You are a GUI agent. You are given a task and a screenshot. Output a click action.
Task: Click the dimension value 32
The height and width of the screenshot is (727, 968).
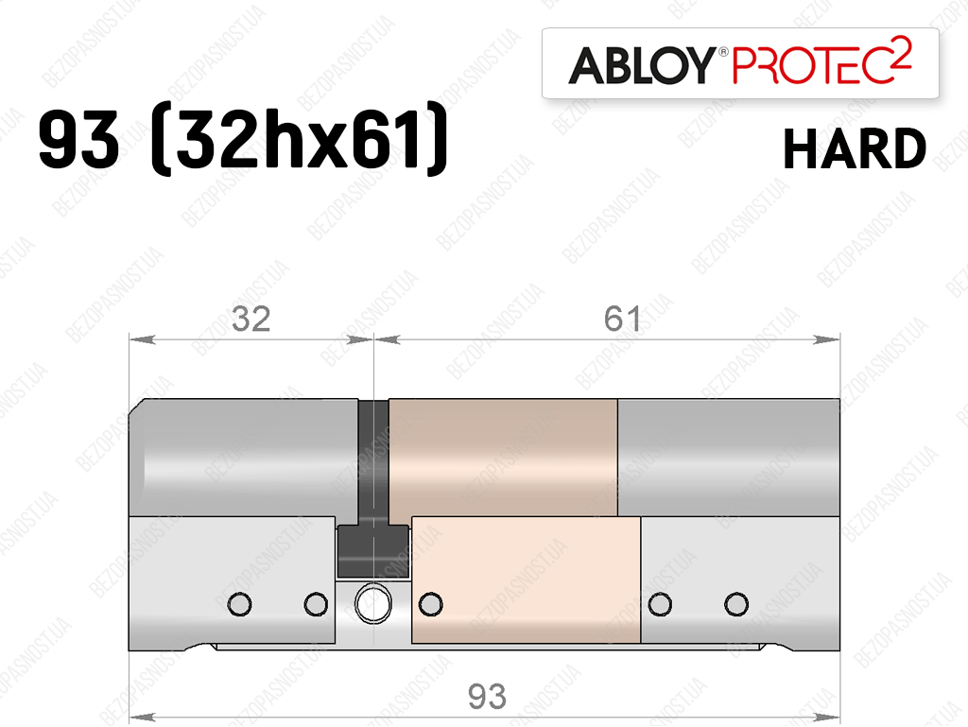[x=251, y=319]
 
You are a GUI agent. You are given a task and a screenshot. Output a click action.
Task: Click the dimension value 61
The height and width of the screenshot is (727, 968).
[x=622, y=319]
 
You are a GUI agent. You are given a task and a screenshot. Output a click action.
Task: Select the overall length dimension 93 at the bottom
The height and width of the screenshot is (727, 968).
[x=487, y=697]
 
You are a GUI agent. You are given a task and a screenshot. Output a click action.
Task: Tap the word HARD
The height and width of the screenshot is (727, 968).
[x=855, y=148]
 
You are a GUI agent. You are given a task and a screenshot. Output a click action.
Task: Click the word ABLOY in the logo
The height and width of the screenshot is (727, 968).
[x=642, y=65]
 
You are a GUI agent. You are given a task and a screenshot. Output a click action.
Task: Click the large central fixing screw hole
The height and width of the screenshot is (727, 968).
[x=372, y=603]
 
